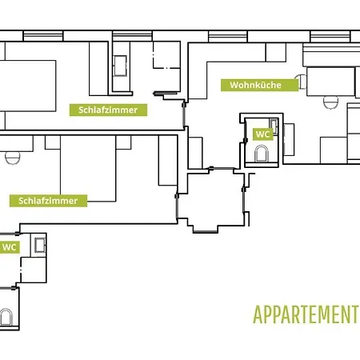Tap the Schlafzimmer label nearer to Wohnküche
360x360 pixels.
(x=108, y=110)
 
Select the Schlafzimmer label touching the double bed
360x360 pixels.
(x=48, y=201)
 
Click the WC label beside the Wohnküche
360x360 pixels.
(x=262, y=134)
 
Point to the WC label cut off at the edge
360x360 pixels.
(x=10, y=247)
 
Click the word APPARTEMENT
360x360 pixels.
(x=305, y=314)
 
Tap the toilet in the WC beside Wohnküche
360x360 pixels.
(x=262, y=154)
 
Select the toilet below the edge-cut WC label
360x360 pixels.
(x=6, y=317)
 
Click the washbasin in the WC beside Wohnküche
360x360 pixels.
(x=274, y=126)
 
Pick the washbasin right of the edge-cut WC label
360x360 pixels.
(x=40, y=246)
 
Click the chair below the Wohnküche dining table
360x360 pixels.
(x=330, y=102)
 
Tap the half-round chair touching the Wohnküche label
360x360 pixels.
(x=301, y=82)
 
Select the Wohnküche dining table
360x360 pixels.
(x=330, y=82)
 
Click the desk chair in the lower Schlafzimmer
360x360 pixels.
(x=12, y=158)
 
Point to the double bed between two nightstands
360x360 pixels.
(x=88, y=169)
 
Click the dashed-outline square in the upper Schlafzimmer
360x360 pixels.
(x=166, y=55)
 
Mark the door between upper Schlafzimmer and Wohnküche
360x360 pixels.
(x=184, y=114)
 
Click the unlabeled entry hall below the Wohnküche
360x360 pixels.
(x=215, y=200)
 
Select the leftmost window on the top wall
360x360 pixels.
(x=43, y=36)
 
